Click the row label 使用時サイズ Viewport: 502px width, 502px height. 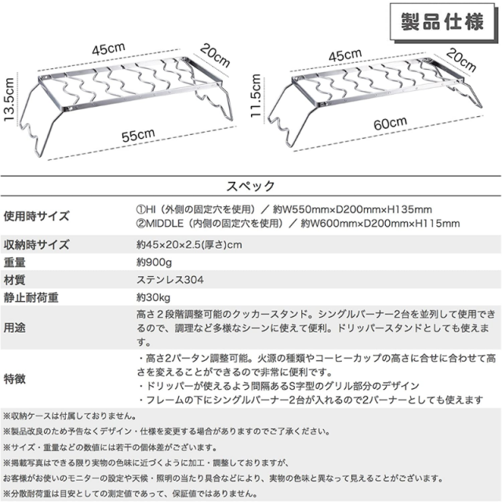(x=36, y=216)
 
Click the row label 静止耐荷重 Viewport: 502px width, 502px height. (x=31, y=298)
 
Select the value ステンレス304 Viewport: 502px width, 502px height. (x=171, y=279)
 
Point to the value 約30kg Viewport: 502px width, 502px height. (x=154, y=298)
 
